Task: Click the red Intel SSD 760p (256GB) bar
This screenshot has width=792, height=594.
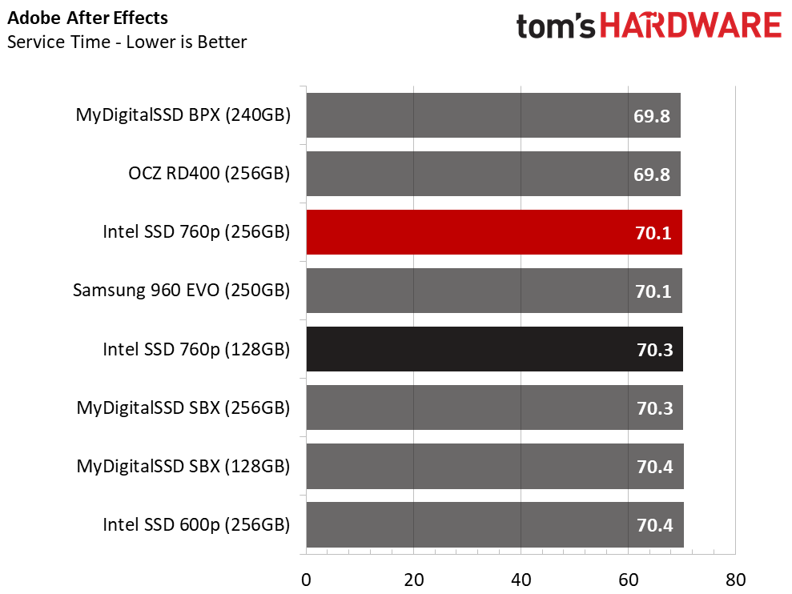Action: click(494, 232)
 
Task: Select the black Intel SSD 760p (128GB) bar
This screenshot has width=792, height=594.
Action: click(494, 349)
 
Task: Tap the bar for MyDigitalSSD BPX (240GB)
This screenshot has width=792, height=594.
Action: click(493, 115)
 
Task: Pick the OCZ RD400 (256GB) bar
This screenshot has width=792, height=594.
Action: click(493, 174)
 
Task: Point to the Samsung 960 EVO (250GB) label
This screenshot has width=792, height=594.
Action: click(181, 291)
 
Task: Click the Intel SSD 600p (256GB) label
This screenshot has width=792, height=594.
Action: click(196, 525)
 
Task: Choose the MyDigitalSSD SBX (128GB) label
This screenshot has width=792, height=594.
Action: click(183, 466)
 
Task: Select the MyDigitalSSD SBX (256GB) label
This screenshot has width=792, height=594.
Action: click(183, 407)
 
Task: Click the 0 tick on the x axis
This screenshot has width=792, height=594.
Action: click(306, 580)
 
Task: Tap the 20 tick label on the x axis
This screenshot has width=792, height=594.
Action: click(414, 580)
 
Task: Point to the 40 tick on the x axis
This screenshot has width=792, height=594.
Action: click(521, 580)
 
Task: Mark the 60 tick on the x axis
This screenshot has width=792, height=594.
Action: click(629, 580)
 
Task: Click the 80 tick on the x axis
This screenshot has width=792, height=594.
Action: click(735, 580)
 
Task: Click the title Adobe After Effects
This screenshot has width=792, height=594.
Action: click(87, 18)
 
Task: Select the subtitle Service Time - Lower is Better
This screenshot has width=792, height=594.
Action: click(127, 42)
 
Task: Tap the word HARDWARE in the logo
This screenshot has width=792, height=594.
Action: click(690, 26)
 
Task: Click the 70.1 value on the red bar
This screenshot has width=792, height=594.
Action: click(653, 233)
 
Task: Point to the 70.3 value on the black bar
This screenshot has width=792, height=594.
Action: click(654, 350)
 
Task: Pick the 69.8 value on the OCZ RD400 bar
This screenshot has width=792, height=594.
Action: click(652, 175)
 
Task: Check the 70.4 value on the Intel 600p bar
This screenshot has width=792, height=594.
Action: click(654, 525)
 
